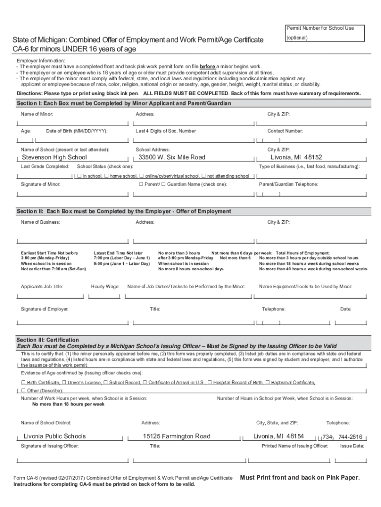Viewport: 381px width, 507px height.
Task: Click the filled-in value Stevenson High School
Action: (x=54, y=157)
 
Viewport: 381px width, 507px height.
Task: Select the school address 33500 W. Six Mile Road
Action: (x=172, y=157)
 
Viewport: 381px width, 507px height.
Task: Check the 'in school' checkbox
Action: (x=80, y=176)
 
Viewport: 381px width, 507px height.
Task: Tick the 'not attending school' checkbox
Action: (x=204, y=176)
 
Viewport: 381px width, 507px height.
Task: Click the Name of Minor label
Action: (x=37, y=114)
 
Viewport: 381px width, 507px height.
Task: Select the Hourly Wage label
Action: (x=105, y=287)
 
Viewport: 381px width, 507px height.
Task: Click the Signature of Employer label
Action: (x=45, y=309)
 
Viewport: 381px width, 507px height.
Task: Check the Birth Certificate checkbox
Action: (x=23, y=383)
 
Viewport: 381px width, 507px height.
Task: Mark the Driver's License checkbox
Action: (x=64, y=383)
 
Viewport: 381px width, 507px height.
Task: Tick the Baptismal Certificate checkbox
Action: (x=268, y=383)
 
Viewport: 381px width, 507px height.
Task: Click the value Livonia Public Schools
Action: (x=54, y=436)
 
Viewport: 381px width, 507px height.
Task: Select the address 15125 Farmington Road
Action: (x=177, y=436)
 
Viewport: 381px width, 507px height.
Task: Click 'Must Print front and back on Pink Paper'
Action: (x=300, y=478)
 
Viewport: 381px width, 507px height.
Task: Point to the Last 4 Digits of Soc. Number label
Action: (x=165, y=131)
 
